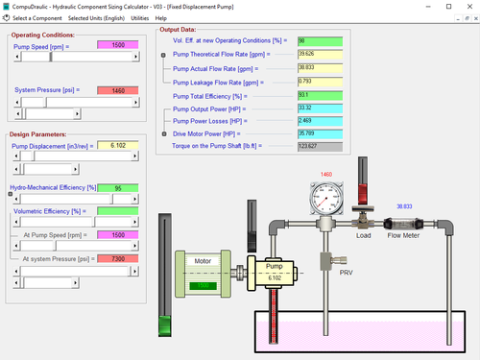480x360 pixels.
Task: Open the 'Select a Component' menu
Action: click(36, 18)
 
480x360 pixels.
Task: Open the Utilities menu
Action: click(140, 18)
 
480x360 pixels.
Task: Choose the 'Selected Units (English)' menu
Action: click(95, 18)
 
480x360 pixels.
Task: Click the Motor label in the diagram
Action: click(202, 260)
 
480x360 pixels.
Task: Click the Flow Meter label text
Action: click(407, 235)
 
